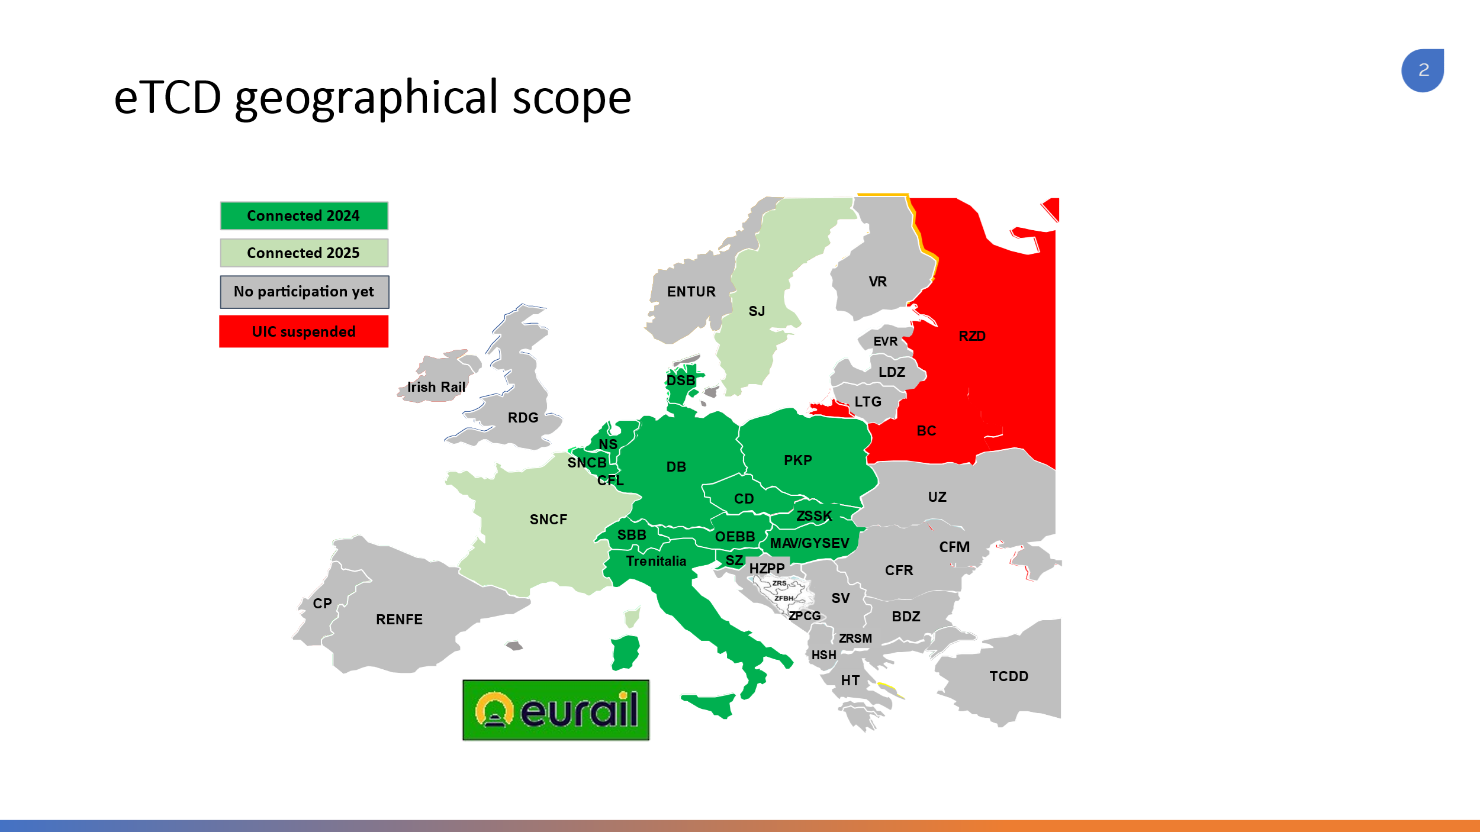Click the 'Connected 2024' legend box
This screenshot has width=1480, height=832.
(x=304, y=215)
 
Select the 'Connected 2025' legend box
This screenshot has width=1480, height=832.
(x=304, y=253)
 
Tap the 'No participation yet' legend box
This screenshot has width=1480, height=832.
(x=304, y=292)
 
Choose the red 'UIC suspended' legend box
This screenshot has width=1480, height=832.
(x=304, y=331)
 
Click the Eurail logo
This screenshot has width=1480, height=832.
(x=556, y=710)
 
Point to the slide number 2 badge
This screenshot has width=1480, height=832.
(x=1423, y=70)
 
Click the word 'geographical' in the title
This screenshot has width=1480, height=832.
(x=367, y=98)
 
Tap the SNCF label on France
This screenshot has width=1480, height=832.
(x=548, y=520)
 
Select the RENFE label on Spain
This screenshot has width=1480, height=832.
(x=399, y=620)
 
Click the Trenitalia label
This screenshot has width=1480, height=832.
(x=656, y=561)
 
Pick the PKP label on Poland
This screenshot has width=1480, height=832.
(x=797, y=460)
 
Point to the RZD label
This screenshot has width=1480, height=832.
(x=972, y=336)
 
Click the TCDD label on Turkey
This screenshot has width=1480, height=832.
(x=1009, y=676)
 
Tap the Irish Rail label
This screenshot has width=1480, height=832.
(x=436, y=387)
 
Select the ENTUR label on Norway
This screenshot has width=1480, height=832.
(x=691, y=292)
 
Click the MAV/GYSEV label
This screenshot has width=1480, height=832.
(x=809, y=543)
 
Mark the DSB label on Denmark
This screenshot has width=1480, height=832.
(x=681, y=380)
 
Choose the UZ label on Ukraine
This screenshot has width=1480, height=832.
(x=937, y=497)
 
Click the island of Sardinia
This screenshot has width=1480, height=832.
(x=626, y=653)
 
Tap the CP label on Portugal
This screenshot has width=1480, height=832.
(x=322, y=604)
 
